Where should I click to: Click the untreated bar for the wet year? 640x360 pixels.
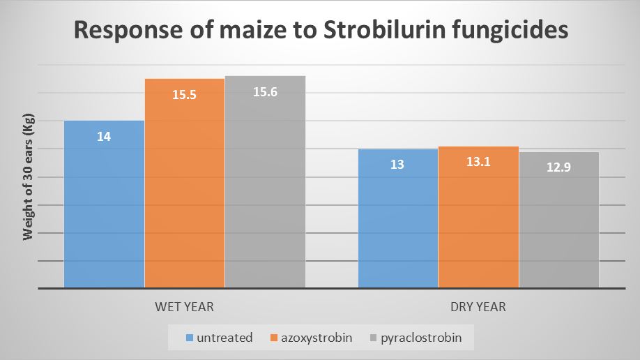pyautogui.click(x=104, y=204)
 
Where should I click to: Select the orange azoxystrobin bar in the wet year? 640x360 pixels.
pyautogui.click(x=185, y=183)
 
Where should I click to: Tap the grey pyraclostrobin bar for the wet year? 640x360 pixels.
pyautogui.click(x=266, y=182)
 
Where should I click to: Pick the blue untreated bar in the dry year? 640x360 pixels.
pyautogui.click(x=398, y=218)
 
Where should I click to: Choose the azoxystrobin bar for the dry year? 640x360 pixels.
pyautogui.click(x=478, y=217)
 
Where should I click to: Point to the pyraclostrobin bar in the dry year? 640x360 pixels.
pyautogui.click(x=558, y=220)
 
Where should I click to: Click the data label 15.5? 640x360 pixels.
pyautogui.click(x=184, y=95)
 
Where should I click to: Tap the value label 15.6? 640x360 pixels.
pyautogui.click(x=265, y=92)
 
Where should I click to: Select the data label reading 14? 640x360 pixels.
pyautogui.click(x=104, y=137)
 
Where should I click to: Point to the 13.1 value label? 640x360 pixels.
pyautogui.click(x=478, y=162)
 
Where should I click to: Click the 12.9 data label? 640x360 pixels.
pyautogui.click(x=558, y=167)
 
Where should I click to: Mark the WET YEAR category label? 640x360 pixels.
pyautogui.click(x=184, y=307)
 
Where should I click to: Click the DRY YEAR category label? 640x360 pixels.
pyautogui.click(x=478, y=307)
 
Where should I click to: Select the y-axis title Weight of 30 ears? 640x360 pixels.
pyautogui.click(x=28, y=177)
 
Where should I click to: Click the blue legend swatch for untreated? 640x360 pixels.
pyautogui.click(x=190, y=338)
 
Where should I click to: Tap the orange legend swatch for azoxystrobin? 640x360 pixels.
pyautogui.click(x=274, y=338)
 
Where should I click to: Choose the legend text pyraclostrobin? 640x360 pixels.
pyautogui.click(x=421, y=338)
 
